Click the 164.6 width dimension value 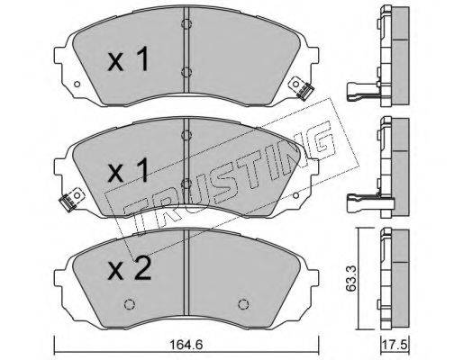pos(186,345)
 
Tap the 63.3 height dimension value pos(350,278)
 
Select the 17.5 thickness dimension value pos(395,345)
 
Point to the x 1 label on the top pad pos(128,59)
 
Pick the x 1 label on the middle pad pos(128,170)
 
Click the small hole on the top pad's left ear pos(77,84)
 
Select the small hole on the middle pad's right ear pos(295,195)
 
